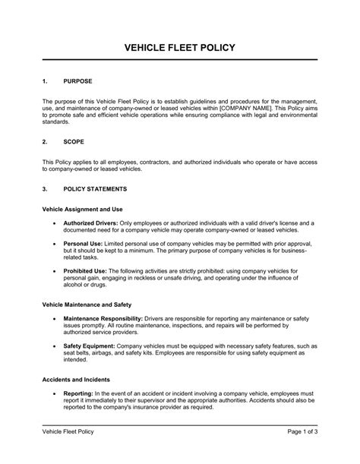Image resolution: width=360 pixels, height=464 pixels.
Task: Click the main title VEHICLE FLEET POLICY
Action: pyautogui.click(x=180, y=47)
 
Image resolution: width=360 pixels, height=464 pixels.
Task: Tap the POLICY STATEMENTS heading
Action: pyautogui.click(x=95, y=188)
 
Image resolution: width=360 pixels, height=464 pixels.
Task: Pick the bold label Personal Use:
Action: pyautogui.click(x=84, y=245)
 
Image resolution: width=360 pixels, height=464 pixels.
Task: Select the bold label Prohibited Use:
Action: pyautogui.click(x=87, y=270)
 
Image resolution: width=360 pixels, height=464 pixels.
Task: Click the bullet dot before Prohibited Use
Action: pyautogui.click(x=54, y=270)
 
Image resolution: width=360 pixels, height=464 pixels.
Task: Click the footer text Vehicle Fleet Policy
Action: pyautogui.click(x=72, y=453)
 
